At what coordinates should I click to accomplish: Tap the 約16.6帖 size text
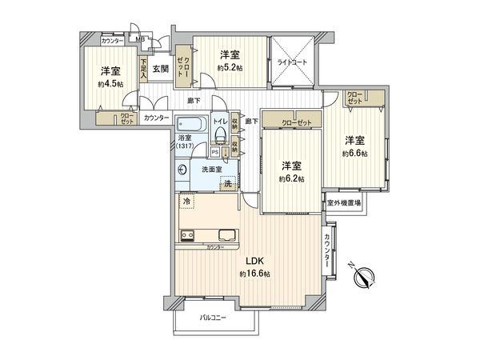254,274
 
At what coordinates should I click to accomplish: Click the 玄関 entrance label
161,69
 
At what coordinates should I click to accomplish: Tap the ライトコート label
293,62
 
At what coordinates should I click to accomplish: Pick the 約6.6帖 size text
355,154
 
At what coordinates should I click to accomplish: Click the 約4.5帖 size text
110,83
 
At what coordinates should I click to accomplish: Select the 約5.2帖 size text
230,67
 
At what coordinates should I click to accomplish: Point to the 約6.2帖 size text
291,178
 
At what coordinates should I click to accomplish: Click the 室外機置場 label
343,203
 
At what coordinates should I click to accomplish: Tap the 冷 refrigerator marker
186,202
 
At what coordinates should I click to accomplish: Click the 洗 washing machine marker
228,184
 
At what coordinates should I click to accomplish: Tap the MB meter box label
140,38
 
